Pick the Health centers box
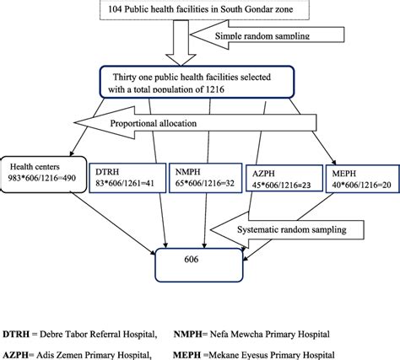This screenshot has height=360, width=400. (41, 172)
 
